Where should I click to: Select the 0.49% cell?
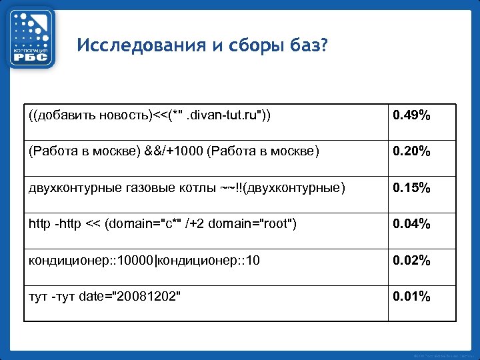tap(411, 117)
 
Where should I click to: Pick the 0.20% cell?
tap(411, 152)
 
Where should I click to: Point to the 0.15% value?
tap(411, 188)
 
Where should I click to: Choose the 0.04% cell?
tap(411, 224)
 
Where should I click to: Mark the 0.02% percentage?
tap(411, 260)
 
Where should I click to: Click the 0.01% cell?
tap(411, 296)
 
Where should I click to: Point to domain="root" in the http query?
tap(251, 224)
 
